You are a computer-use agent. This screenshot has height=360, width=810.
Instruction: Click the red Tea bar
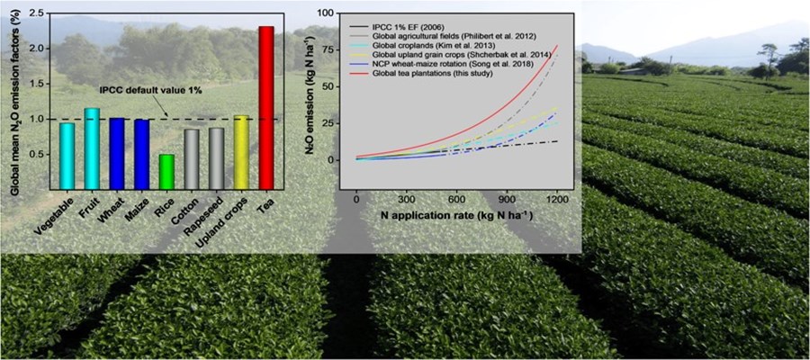coord(265,108)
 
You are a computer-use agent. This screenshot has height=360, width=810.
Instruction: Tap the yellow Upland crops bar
coord(240,152)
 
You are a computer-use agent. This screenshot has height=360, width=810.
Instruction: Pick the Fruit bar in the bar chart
coord(91,148)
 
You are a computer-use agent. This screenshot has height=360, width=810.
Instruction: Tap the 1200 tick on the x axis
coord(558,200)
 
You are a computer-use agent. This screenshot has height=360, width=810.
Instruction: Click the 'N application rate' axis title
coord(454,218)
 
